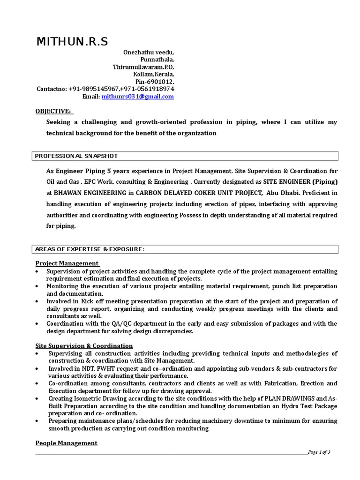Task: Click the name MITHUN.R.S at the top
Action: [x=72, y=42]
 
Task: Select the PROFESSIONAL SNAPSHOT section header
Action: [x=77, y=156]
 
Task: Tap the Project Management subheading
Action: [x=67, y=263]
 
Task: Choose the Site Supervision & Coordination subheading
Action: [x=84, y=346]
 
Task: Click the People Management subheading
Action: [x=67, y=443]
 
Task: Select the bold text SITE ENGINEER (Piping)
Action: [x=300, y=181]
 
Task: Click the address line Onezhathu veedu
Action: [x=149, y=52]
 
